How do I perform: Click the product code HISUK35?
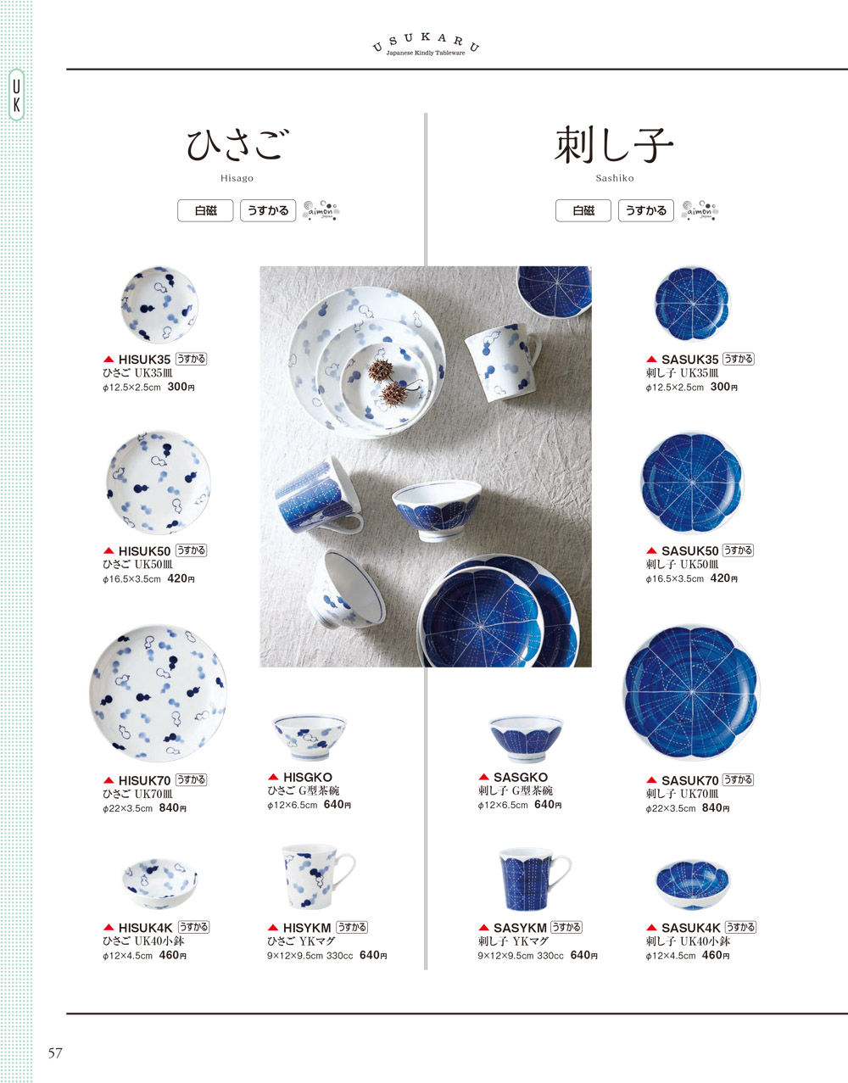coord(144,360)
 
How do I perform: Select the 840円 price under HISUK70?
coord(172,808)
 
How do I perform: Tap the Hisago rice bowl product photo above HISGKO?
coord(310,738)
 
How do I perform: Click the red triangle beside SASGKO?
coord(483,777)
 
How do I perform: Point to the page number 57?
coord(55,1053)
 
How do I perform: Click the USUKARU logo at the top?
coord(426,45)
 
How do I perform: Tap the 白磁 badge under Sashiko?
coord(583,210)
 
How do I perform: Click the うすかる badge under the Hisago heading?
coord(268,210)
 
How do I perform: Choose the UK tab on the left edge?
coord(16,95)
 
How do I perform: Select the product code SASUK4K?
coord(690,928)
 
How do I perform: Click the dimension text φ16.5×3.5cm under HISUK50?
coord(131,579)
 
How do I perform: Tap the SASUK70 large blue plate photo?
coord(692,693)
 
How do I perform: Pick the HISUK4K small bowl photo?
coord(159,883)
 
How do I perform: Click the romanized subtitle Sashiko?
coord(614,178)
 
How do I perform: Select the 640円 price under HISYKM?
coord(373,955)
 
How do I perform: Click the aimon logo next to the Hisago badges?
coord(321,210)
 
